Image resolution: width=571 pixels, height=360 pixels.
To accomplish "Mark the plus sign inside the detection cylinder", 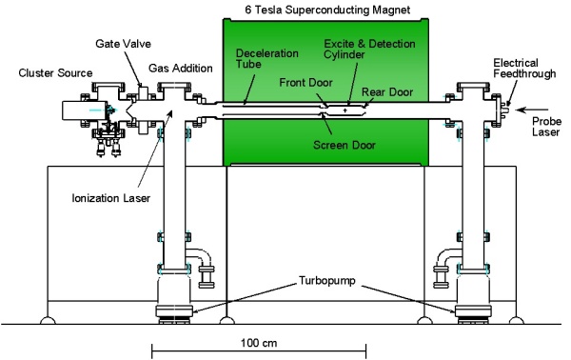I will (x=359, y=111).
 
